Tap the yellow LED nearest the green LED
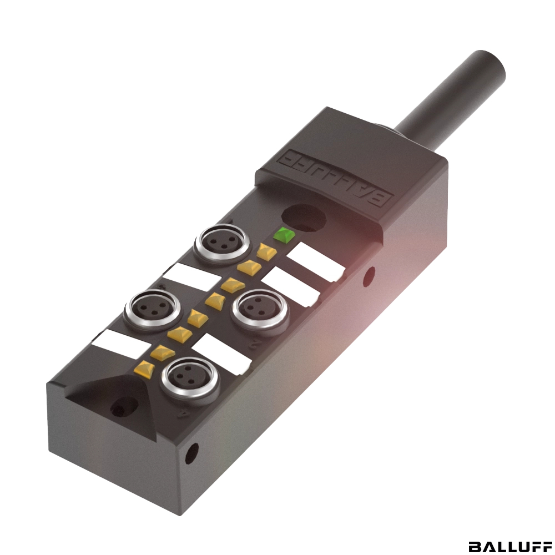(266, 251)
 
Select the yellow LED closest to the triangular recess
(144, 369)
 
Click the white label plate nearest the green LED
(315, 262)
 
